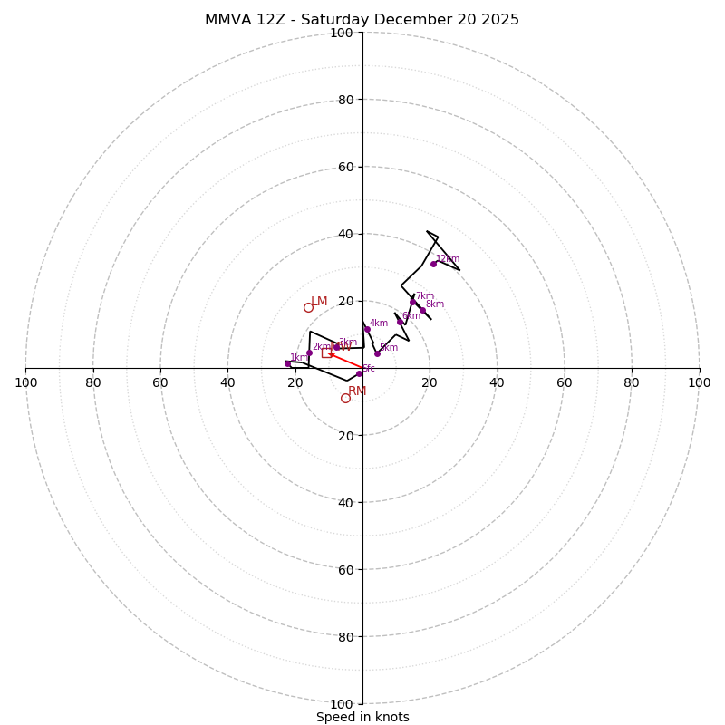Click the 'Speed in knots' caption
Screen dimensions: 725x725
pyautogui.click(x=362, y=717)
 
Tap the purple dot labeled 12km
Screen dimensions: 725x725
pyautogui.click(x=433, y=264)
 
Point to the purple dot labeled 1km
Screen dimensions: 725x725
pyautogui.click(x=288, y=363)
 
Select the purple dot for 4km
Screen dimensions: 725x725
pyautogui.click(x=367, y=329)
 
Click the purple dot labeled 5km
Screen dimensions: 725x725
pyautogui.click(x=378, y=353)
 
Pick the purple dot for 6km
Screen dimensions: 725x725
pyautogui.click(x=400, y=322)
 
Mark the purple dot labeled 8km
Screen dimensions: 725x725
pyautogui.click(x=422, y=310)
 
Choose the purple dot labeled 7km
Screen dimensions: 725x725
pyautogui.click(x=412, y=302)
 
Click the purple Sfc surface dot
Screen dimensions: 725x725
pyautogui.click(x=359, y=373)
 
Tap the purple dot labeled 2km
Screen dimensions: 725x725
pyautogui.click(x=309, y=353)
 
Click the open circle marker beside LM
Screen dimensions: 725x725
pyautogui.click(x=308, y=307)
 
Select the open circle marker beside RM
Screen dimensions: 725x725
pyautogui.click(x=345, y=398)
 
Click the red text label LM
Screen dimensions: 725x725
pyautogui.click(x=319, y=302)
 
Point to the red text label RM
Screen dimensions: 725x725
pyautogui.click(x=357, y=391)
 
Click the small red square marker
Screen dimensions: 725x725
pyautogui.click(x=326, y=353)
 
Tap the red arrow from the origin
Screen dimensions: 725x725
pyautogui.click(x=345, y=361)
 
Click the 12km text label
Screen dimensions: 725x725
pyautogui.click(x=448, y=259)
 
